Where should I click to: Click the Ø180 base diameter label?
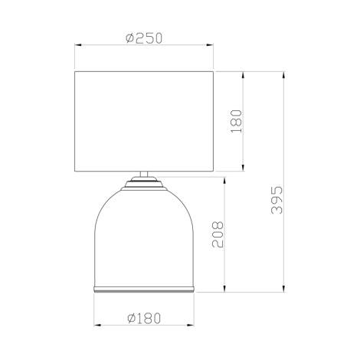[145, 316]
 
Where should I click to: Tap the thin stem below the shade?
[145, 175]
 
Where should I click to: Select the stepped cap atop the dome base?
[145, 184]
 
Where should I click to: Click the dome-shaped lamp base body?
[145, 241]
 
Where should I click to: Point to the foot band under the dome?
[145, 291]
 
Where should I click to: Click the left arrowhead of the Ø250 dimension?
[77, 44]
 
